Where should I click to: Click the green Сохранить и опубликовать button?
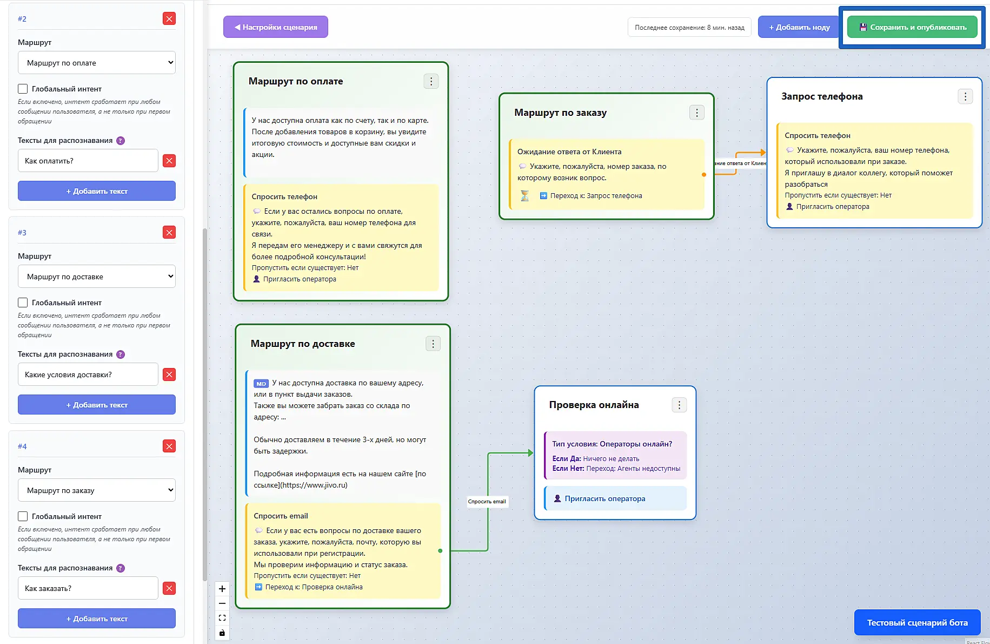click(x=912, y=27)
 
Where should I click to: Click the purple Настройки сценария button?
click(x=276, y=27)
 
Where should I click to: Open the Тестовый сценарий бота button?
click(x=917, y=622)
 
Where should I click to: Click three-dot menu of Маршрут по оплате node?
click(x=431, y=81)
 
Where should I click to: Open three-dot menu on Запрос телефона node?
click(x=965, y=96)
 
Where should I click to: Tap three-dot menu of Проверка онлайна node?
click(x=680, y=405)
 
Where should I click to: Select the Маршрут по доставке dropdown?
click(x=97, y=277)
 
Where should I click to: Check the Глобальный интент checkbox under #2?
click(x=23, y=89)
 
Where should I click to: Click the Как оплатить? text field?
click(x=88, y=161)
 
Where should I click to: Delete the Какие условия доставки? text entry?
click(x=169, y=374)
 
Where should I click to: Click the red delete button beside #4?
click(x=169, y=446)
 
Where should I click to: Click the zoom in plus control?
click(x=222, y=589)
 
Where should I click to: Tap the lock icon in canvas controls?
click(x=222, y=633)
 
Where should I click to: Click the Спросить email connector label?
click(x=487, y=502)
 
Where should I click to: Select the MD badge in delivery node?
click(x=261, y=384)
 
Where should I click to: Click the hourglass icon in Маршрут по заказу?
click(x=524, y=195)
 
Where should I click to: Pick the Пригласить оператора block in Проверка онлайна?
click(x=615, y=498)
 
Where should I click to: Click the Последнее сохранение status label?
click(x=689, y=27)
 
